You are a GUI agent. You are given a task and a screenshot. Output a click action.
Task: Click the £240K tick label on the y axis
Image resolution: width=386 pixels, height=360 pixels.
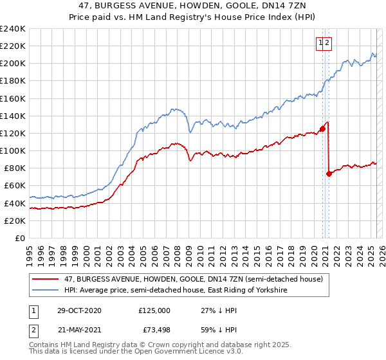[13, 29]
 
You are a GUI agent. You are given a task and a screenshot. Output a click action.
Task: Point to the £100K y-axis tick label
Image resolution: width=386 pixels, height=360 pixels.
[13, 150]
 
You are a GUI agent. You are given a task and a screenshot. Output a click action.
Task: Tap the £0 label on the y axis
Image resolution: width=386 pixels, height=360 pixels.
[21, 238]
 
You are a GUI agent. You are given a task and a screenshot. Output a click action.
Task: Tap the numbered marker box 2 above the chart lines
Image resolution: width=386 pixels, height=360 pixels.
[327, 43]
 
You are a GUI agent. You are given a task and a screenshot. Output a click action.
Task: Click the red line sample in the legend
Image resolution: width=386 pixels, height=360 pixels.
[46, 279]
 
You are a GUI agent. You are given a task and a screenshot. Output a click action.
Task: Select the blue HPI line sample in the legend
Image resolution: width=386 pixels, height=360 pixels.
[46, 291]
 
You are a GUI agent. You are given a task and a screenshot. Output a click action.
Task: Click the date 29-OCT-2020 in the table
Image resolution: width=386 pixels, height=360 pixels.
[78, 310]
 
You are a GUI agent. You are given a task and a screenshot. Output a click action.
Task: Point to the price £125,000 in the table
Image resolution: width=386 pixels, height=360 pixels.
[154, 310]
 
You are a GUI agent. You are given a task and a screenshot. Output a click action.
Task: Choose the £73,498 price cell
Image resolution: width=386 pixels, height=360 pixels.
[154, 330]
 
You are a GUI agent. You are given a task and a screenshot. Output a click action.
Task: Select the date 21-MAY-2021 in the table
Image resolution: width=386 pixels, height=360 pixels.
[78, 330]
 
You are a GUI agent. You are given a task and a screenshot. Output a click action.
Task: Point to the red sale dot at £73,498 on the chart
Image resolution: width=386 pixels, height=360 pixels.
[329, 174]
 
